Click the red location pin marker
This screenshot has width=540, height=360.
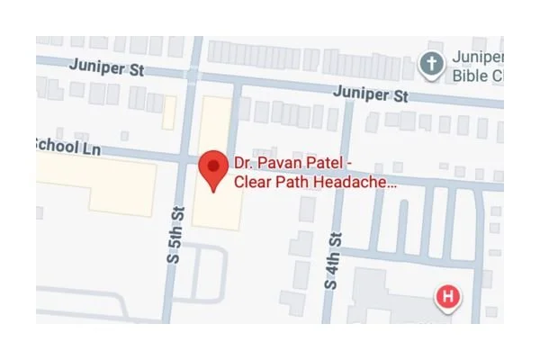click(212, 168)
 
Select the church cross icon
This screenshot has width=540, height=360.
click(433, 64)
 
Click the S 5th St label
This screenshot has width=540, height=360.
click(176, 235)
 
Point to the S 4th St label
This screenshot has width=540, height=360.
click(334, 260)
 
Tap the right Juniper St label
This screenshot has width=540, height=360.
click(371, 93)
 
